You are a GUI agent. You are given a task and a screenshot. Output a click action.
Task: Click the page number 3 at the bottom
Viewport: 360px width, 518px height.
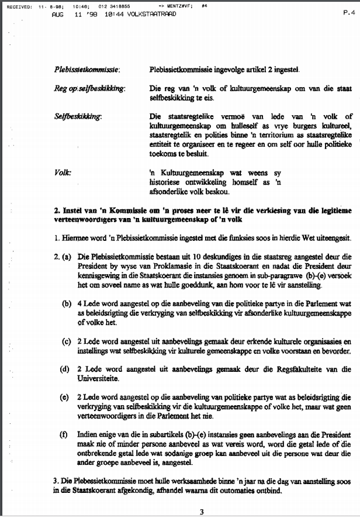201,512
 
